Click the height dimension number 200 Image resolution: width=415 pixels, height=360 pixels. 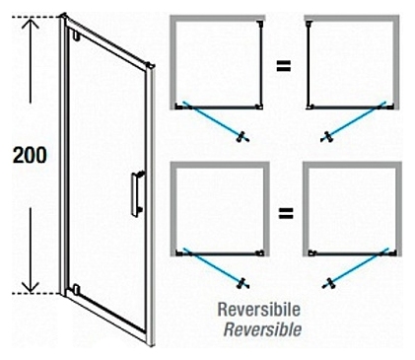coord(30,155)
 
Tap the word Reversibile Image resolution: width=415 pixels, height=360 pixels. coord(259,310)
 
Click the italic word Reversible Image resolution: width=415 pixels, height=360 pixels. coord(262,329)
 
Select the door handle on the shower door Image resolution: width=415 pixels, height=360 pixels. coord(138,193)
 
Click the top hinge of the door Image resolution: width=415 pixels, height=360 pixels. coord(76,36)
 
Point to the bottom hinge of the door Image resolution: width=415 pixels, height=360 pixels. coord(76,289)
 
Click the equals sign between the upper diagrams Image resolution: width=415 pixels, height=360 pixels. coord(283,67)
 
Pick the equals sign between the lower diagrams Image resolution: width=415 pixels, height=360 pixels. coord(286,214)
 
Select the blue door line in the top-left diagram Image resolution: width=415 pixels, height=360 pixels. coord(213,119)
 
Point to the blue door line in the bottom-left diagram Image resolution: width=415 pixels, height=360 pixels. coord(213,265)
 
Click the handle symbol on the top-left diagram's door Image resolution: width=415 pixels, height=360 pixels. coord(242,137)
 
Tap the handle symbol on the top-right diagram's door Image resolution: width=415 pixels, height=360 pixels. coord(327,137)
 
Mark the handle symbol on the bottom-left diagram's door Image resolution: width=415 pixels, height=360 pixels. coord(243,283)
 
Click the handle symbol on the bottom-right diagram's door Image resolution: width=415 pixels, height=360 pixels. coord(329,283)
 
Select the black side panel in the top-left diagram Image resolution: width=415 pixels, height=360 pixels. coord(261,64)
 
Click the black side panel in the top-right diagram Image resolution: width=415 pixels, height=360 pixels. coord(309,64)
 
